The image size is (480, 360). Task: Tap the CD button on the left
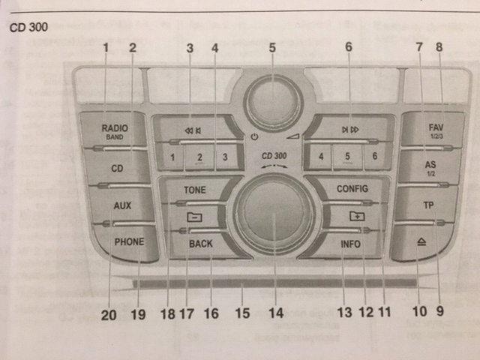click(x=117, y=169)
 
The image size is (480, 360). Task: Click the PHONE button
click(x=129, y=242)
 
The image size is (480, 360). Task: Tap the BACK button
click(x=201, y=244)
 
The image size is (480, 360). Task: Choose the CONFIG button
click(x=352, y=189)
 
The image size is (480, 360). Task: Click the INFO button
click(x=350, y=244)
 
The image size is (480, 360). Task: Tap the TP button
click(x=428, y=204)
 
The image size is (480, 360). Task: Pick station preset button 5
click(x=347, y=157)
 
